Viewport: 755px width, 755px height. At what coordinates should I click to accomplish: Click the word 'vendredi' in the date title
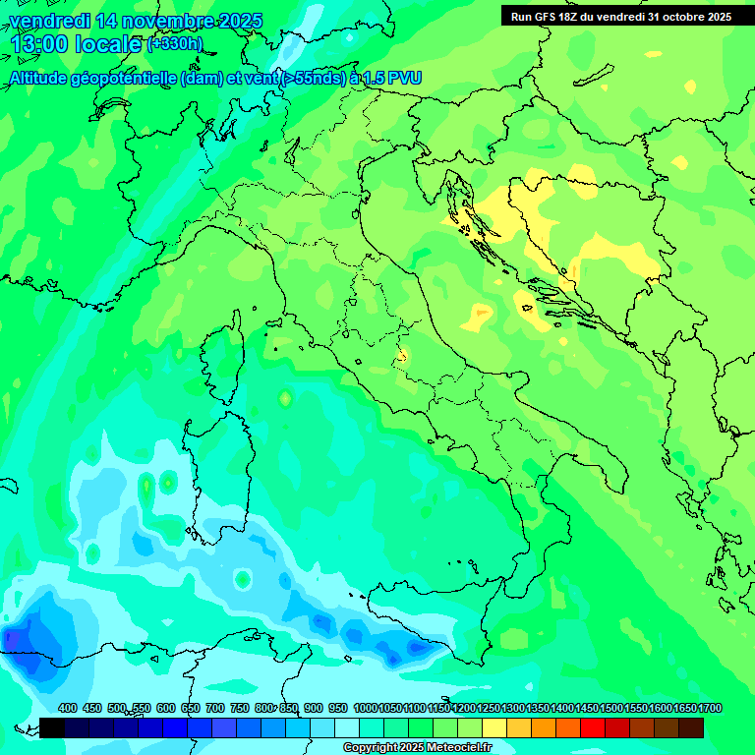[49, 21]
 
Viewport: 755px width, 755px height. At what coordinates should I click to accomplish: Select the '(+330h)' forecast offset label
[175, 44]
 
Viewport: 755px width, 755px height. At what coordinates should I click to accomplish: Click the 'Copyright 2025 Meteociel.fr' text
[418, 748]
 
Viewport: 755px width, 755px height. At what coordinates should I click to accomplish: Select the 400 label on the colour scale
[68, 709]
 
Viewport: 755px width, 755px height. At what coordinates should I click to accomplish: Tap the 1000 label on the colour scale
[365, 709]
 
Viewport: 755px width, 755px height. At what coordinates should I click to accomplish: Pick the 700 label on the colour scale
[215, 709]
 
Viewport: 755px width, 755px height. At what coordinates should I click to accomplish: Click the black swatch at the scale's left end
[52, 727]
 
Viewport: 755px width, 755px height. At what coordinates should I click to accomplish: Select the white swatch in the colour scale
[347, 727]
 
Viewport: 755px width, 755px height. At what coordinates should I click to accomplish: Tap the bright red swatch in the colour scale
[593, 727]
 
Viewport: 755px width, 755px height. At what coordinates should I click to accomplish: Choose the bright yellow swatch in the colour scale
[494, 727]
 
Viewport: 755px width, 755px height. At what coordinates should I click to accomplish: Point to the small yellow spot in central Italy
[401, 356]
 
